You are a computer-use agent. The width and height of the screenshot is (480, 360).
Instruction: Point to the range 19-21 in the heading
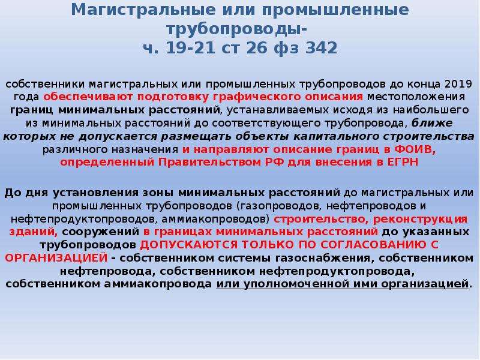(x=191, y=48)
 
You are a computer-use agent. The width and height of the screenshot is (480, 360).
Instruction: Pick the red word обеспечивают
(x=88, y=97)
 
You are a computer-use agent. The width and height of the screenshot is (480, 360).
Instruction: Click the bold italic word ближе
(x=432, y=123)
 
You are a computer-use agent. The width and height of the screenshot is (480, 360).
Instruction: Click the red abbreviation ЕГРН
(x=403, y=162)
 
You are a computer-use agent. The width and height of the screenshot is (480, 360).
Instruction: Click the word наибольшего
(x=431, y=110)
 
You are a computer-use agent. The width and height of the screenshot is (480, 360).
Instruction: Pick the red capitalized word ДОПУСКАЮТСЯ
(x=188, y=245)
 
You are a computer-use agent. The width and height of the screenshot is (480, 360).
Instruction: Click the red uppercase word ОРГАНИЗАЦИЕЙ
(x=56, y=258)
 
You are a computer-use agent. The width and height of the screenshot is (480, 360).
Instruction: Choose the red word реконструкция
(x=421, y=219)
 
